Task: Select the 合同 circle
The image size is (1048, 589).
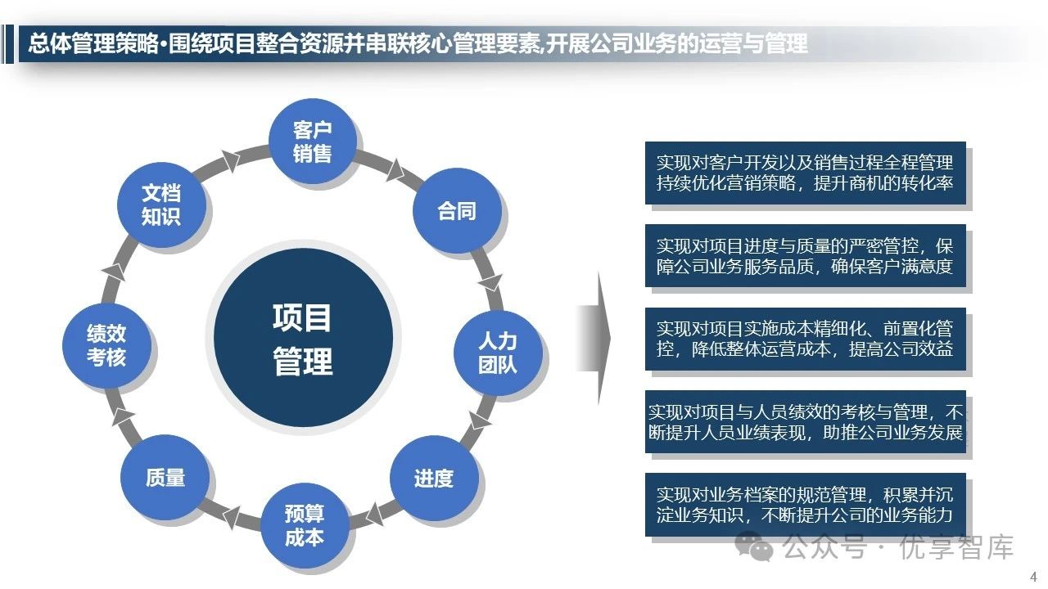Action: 456,211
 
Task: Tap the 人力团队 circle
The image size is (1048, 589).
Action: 498,353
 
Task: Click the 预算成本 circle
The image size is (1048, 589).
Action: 304,526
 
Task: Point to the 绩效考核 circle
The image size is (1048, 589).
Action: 107,345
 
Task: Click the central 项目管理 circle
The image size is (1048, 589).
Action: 303,338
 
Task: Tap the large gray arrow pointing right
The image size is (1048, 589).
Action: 595,339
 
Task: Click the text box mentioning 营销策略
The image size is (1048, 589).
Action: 805,173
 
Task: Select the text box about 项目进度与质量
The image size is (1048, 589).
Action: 805,256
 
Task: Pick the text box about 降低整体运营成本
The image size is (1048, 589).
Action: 805,339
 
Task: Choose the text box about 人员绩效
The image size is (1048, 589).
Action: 805,422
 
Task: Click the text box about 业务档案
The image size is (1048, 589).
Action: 805,505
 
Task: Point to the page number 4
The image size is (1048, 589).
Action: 1033,574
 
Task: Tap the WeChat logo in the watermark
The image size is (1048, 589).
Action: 754,546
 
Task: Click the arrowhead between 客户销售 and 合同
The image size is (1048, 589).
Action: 395,169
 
